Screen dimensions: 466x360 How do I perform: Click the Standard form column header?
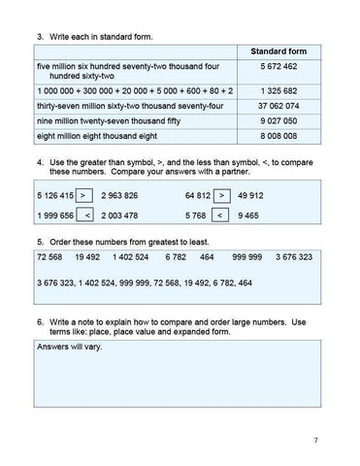coord(278,50)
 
